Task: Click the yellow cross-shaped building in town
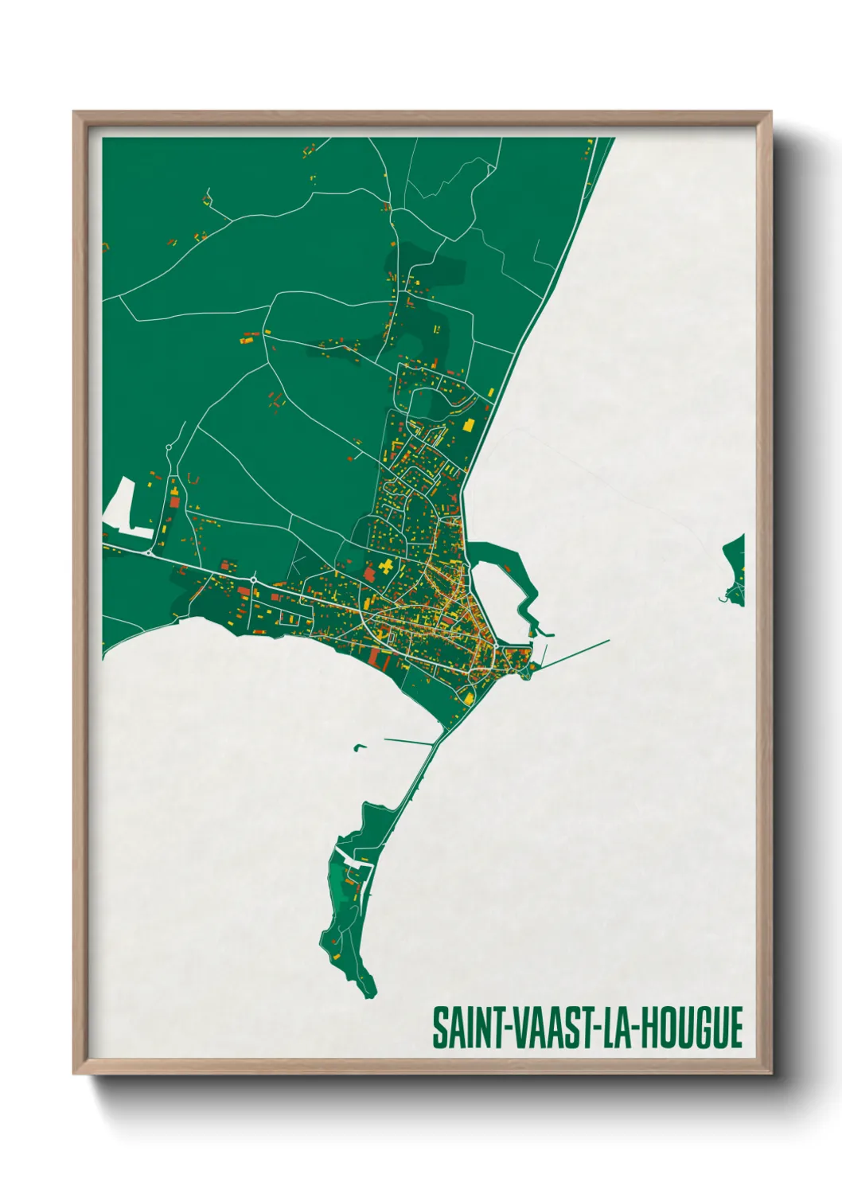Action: click(386, 567)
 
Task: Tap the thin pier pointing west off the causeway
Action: click(410, 742)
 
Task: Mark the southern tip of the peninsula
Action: click(368, 993)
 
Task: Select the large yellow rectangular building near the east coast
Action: click(470, 424)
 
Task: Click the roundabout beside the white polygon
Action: click(149, 552)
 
